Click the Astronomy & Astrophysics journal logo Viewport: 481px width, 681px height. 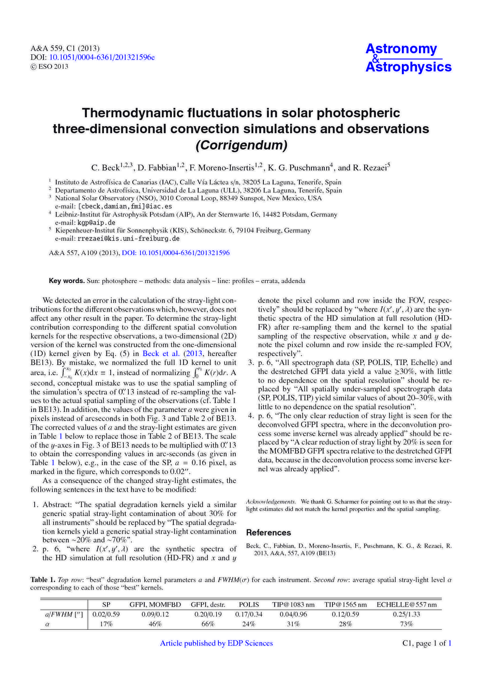pyautogui.click(x=408, y=58)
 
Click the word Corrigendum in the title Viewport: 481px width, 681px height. pyautogui.click(x=240, y=145)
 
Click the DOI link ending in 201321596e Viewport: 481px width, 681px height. pyautogui.click(x=103, y=57)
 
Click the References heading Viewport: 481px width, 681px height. pyautogui.click(x=268, y=532)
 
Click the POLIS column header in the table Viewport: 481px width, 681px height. pyautogui.click(x=249, y=604)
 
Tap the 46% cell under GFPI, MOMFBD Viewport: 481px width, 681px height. pyautogui.click(x=155, y=624)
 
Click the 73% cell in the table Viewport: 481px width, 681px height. pyautogui.click(x=406, y=624)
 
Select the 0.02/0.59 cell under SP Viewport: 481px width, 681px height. pyautogui.click(x=106, y=614)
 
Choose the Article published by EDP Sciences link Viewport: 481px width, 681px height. pyautogui.click(x=216, y=643)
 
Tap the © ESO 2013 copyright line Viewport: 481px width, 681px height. pyautogui.click(x=50, y=66)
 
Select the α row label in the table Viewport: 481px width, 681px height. pyautogui.click(x=48, y=624)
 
